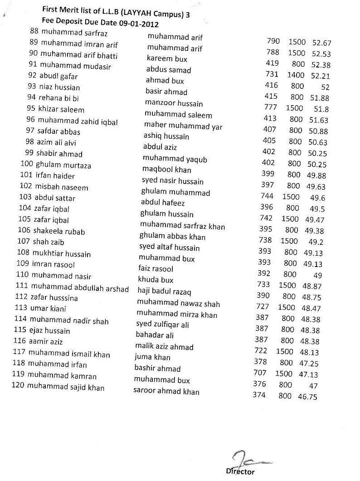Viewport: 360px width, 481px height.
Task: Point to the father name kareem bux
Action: coord(167,59)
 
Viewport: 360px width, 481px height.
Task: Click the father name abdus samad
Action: coord(168,70)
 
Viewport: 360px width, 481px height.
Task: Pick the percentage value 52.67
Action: coord(321,43)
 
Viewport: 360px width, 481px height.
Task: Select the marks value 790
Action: coord(273,41)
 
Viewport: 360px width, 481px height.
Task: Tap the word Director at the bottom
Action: coord(240,471)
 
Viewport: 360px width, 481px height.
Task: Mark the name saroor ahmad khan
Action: coord(166,391)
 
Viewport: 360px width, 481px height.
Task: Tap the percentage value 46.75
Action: coord(307,397)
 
